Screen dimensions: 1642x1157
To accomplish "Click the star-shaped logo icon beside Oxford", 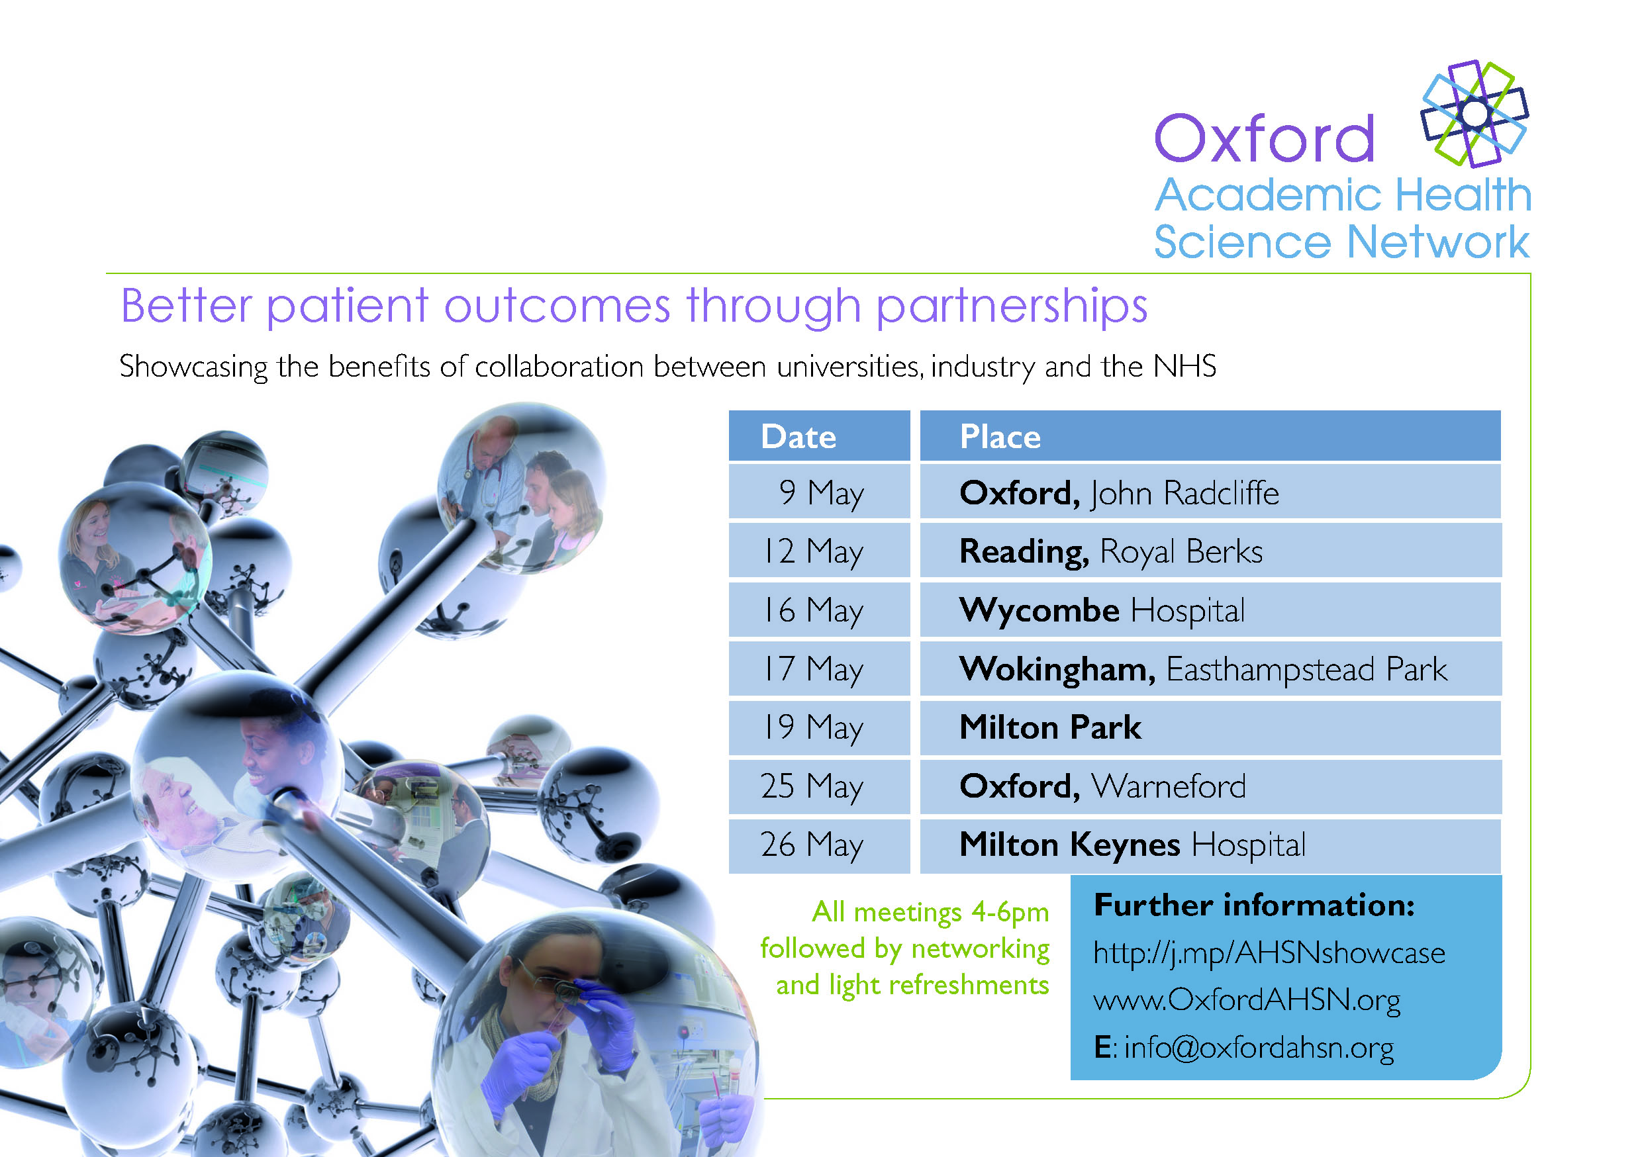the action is click(1474, 114).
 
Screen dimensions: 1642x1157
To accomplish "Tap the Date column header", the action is click(819, 436).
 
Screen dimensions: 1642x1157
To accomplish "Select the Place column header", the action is click(1210, 436).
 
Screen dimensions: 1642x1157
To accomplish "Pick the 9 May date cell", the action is click(819, 492).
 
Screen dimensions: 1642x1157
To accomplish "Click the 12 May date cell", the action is click(819, 551).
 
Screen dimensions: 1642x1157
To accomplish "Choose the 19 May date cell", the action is click(819, 727).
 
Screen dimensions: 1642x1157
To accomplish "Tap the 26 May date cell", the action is click(819, 845).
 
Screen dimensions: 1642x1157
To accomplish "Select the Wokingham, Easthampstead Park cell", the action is click(1210, 669).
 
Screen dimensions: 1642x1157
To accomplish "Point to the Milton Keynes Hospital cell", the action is click(1210, 845).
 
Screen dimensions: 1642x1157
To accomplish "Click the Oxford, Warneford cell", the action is click(1210, 786).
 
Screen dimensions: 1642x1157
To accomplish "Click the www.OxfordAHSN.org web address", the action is click(1247, 1000).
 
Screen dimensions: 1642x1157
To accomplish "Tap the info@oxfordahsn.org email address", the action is click(1259, 1048).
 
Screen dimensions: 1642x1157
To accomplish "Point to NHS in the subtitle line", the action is click(1184, 366).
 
